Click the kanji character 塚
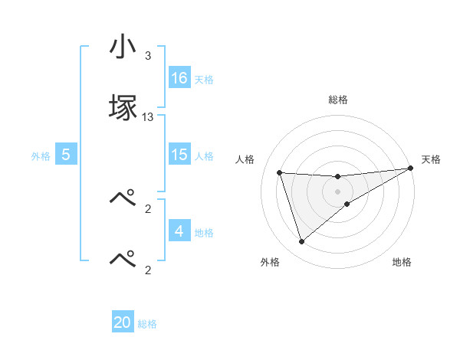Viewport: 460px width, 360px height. coord(123,107)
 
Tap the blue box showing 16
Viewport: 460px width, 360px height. coord(179,78)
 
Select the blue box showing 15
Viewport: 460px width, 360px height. coord(179,155)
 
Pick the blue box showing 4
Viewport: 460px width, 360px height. coord(179,231)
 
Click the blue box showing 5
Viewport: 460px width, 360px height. coord(66,155)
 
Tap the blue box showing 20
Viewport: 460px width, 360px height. coord(123,322)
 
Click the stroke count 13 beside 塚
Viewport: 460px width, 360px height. coord(148,117)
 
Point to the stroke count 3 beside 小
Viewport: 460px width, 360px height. coord(148,56)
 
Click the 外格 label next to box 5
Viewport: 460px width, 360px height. coord(41,155)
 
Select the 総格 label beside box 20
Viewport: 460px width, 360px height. coord(147,323)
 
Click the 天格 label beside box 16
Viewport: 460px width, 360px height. coord(204,79)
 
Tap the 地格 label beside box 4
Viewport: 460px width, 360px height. coord(204,232)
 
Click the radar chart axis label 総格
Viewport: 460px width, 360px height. coord(338,100)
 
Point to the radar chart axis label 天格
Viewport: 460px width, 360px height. coord(431,159)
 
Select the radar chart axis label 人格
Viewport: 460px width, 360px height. coord(245,159)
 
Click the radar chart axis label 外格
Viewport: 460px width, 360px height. coord(270,262)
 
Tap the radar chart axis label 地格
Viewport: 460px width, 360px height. coord(402,262)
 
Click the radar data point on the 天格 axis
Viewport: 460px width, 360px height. coord(411,168)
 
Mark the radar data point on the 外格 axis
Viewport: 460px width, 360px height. coord(301,242)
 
